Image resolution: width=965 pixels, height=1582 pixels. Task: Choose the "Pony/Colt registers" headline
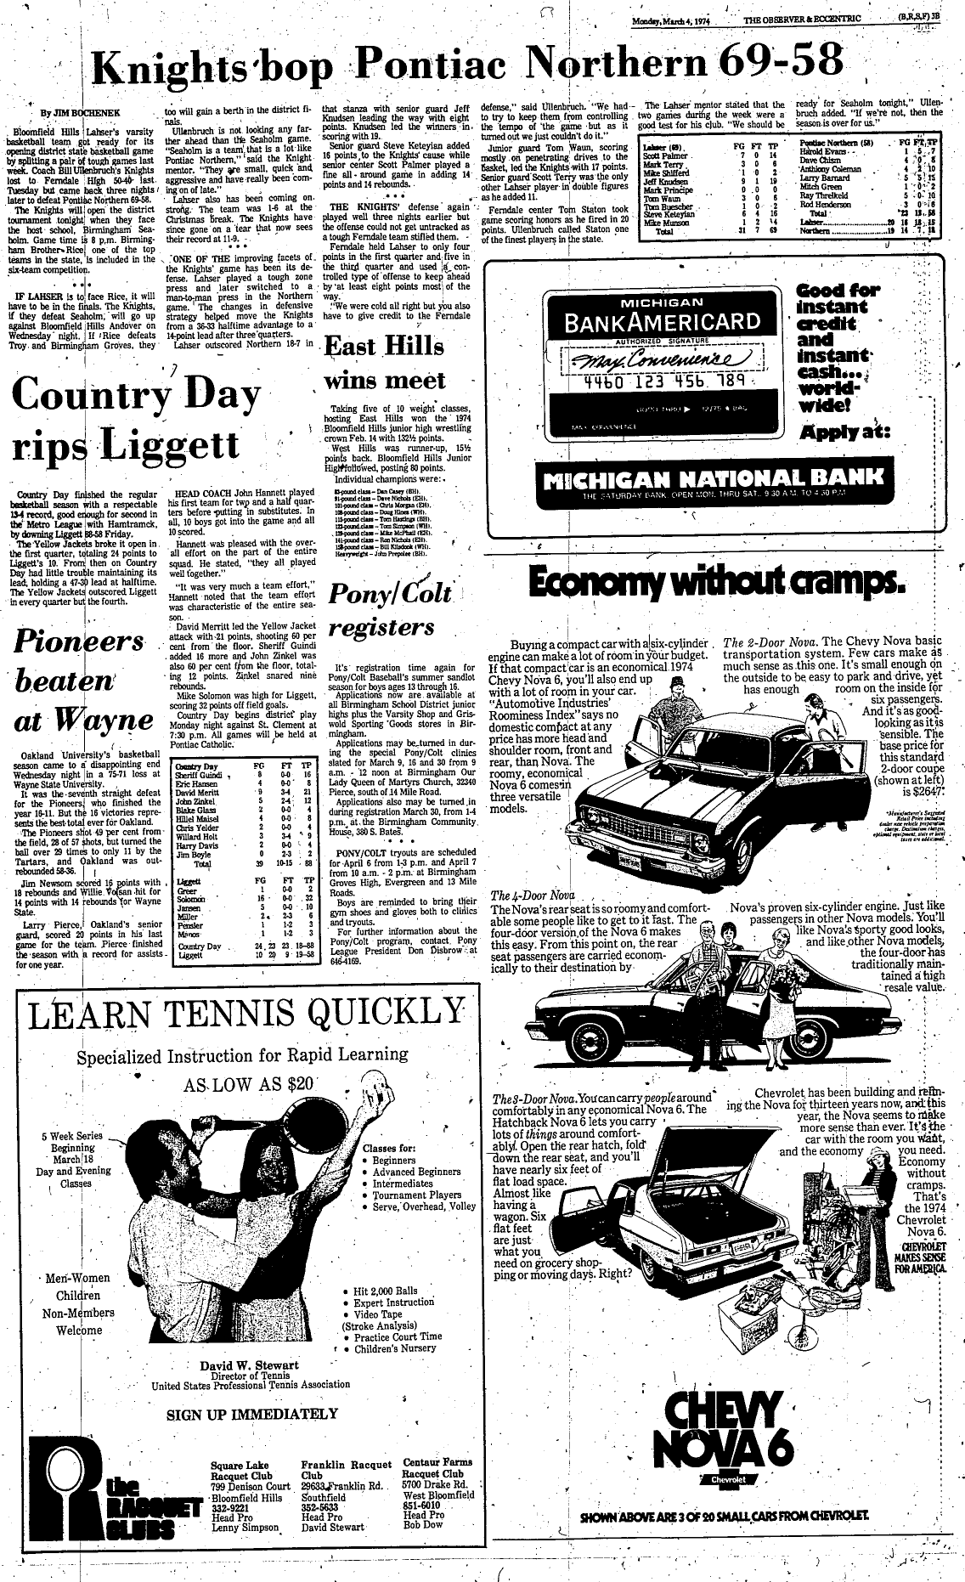[391, 610]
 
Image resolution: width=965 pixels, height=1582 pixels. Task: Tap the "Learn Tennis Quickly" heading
[248, 1014]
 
